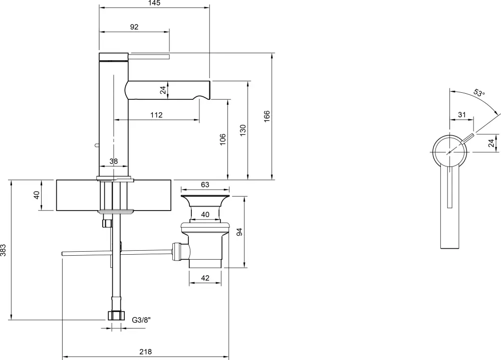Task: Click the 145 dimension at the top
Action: click(154, 3)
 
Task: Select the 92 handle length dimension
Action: click(134, 27)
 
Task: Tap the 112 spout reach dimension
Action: click(156, 115)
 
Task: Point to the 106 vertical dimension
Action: click(223, 139)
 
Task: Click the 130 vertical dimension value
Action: click(243, 130)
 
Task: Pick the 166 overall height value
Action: click(267, 116)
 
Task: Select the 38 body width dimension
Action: click(113, 161)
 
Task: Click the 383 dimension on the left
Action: click(3, 250)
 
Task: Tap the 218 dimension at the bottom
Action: click(145, 351)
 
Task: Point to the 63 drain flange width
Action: click(205, 185)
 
